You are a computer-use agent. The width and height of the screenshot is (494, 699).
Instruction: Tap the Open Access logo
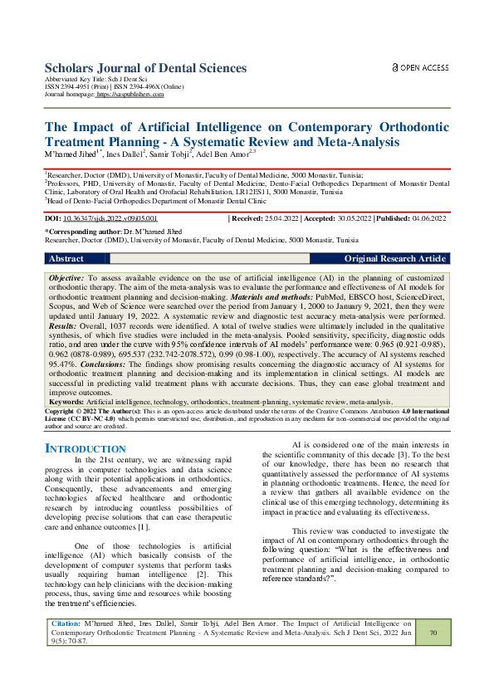tap(420, 67)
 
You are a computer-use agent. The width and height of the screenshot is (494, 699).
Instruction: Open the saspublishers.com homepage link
tap(130, 95)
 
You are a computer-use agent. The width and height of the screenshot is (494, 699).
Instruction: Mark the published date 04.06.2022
tap(428, 218)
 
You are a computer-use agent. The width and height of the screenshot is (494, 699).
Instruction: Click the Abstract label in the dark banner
tap(66, 259)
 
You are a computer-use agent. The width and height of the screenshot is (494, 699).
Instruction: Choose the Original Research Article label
tap(394, 259)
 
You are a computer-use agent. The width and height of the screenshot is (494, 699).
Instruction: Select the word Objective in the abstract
tap(66, 276)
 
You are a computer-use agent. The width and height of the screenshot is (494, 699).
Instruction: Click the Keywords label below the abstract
tap(66, 402)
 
